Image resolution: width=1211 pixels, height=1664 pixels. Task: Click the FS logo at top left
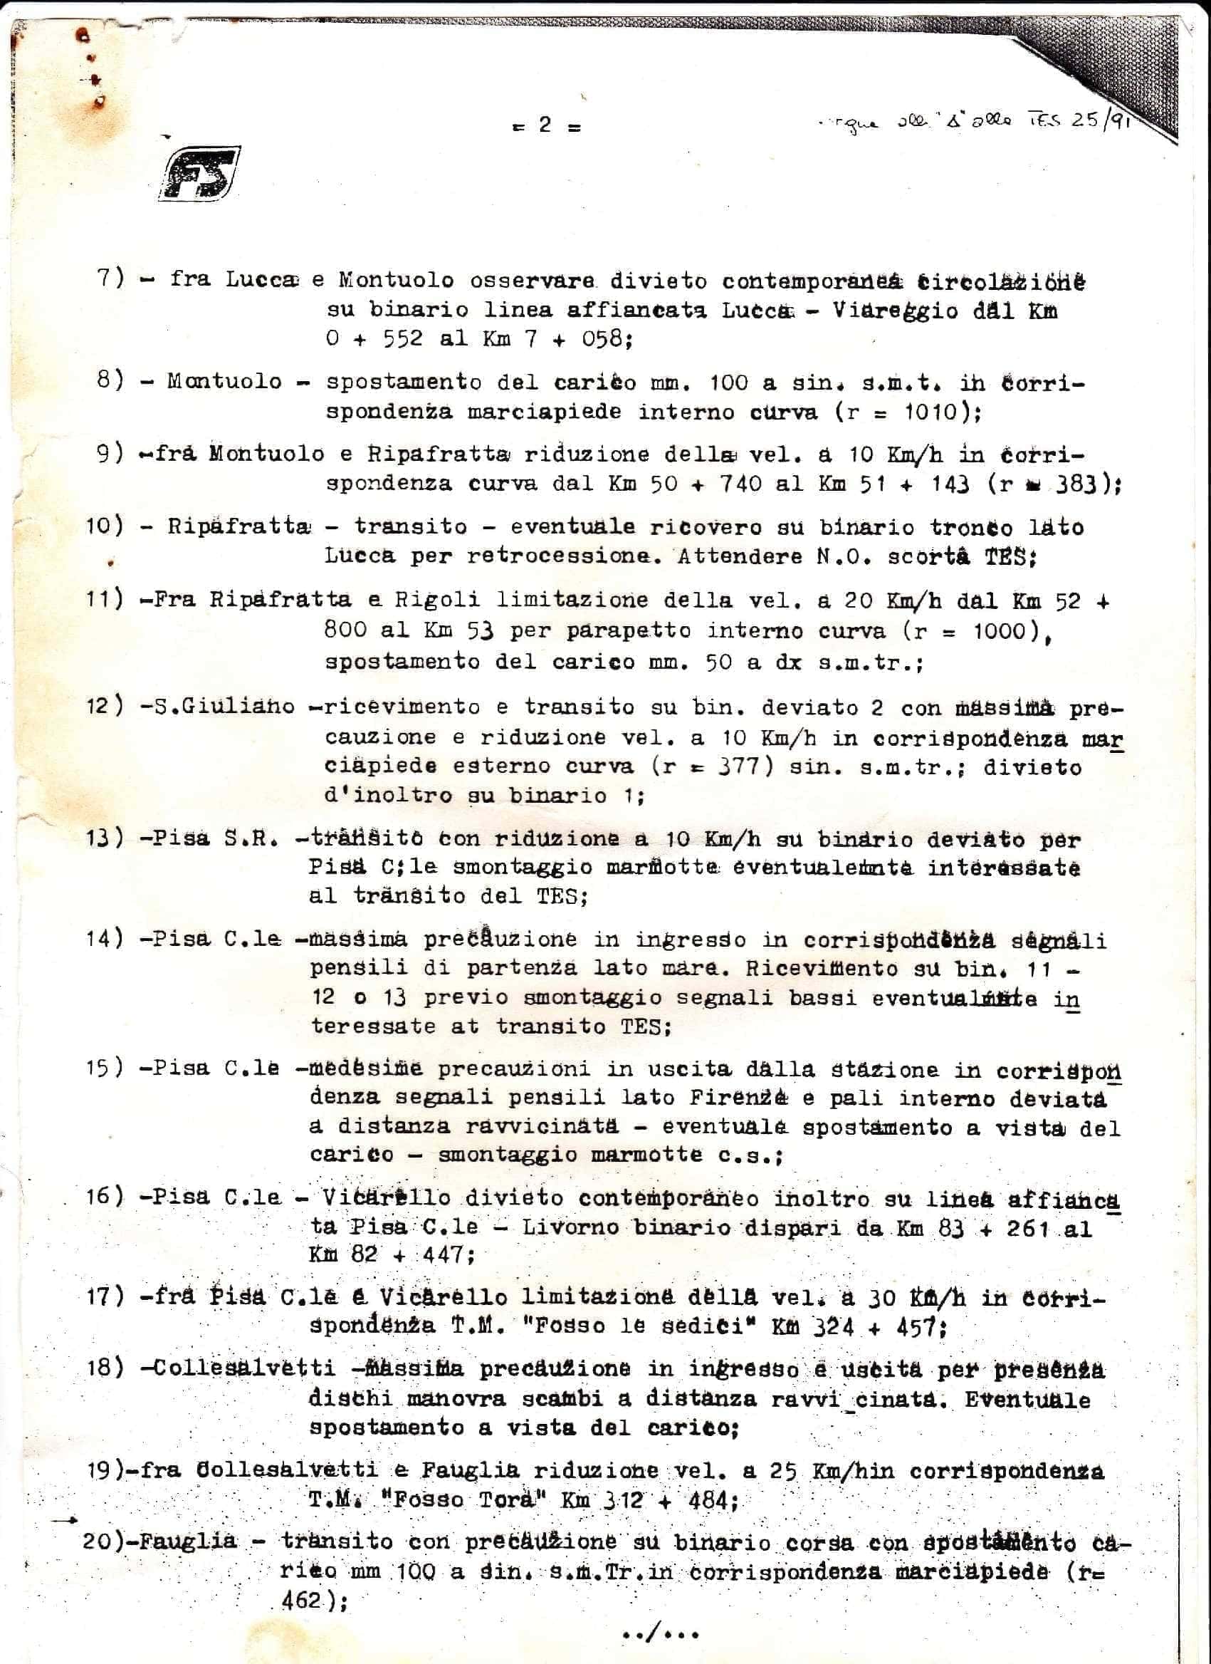point(199,174)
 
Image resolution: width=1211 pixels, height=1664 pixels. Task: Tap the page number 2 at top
point(544,125)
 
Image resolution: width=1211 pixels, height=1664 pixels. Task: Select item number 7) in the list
point(111,278)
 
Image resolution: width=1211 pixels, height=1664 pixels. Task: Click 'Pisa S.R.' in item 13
point(215,838)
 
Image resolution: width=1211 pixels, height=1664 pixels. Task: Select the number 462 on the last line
point(300,1600)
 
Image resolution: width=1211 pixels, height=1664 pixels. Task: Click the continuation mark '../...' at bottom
point(659,1633)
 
